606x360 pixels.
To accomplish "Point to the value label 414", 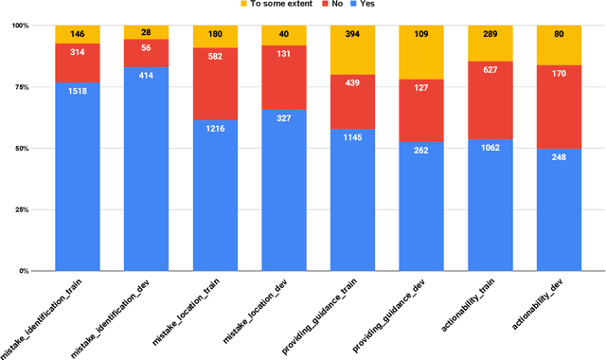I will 147,73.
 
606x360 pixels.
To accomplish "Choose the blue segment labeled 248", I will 559,209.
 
